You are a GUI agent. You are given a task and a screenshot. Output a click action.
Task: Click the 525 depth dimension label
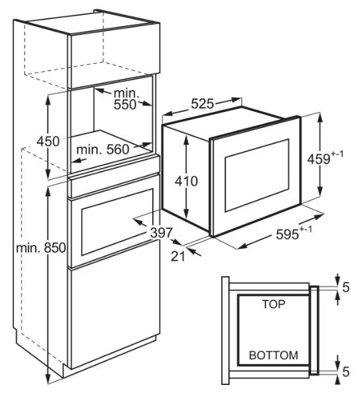pyautogui.click(x=202, y=104)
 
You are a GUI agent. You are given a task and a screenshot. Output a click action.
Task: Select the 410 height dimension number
pyautogui.click(x=186, y=181)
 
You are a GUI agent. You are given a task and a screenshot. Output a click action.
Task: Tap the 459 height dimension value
pyautogui.click(x=318, y=159)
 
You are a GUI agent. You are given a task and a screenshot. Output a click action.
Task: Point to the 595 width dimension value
pyautogui.click(x=288, y=235)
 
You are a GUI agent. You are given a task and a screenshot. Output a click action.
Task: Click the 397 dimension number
pyautogui.click(x=162, y=233)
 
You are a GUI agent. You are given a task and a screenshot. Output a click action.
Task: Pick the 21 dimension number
pyautogui.click(x=178, y=256)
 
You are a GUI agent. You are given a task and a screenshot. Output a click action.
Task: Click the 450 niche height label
pyautogui.click(x=48, y=142)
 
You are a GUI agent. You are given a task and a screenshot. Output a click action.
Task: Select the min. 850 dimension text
pyautogui.click(x=41, y=248)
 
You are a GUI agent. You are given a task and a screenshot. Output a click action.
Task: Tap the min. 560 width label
pyautogui.click(x=103, y=150)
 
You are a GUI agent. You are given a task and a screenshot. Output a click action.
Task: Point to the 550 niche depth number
pyautogui.click(x=125, y=105)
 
